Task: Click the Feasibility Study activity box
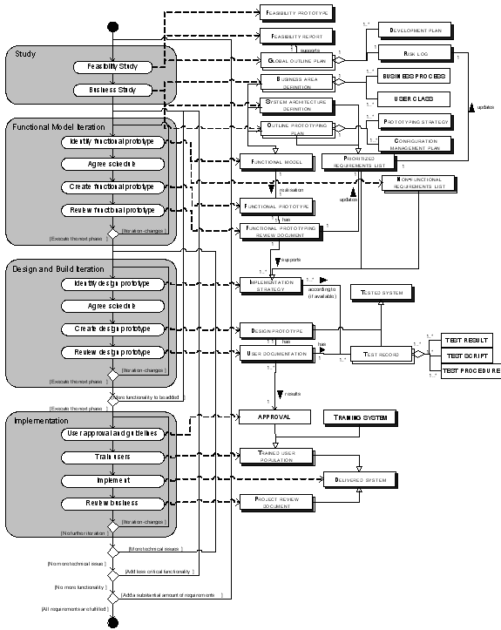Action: [112, 66]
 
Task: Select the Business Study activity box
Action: [112, 90]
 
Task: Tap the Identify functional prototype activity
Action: [112, 141]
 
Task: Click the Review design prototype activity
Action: [112, 352]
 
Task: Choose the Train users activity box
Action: [112, 457]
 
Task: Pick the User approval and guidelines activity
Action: [112, 433]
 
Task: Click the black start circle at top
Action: [112, 25]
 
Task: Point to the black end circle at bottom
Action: [112, 620]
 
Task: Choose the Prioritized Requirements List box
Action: [353, 160]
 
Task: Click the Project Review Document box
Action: [276, 503]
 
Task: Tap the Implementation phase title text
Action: [43, 421]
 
